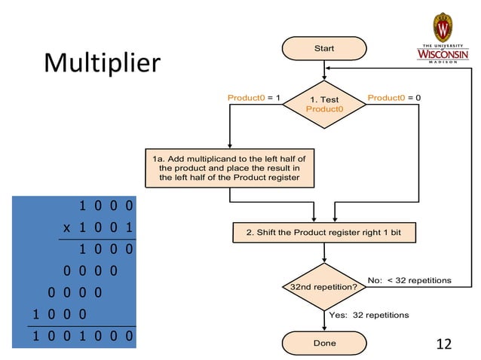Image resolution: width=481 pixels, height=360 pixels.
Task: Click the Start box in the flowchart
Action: [x=324, y=48]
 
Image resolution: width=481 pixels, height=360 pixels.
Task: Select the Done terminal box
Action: [x=324, y=343]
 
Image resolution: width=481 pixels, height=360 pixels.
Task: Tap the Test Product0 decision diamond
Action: [x=324, y=105]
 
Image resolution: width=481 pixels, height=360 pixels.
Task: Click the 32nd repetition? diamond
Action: [x=324, y=287]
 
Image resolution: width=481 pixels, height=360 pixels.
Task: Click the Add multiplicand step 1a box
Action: [x=228, y=168]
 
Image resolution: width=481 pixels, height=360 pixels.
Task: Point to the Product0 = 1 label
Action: [x=254, y=98]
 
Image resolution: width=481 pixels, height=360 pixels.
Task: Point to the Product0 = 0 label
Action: [x=394, y=98]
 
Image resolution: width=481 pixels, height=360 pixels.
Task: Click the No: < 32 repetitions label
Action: [x=409, y=280]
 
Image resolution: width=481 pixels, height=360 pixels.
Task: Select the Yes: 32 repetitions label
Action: [x=369, y=314]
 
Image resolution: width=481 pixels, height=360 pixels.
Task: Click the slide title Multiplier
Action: [x=102, y=63]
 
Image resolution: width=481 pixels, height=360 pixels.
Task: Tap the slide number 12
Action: [x=444, y=343]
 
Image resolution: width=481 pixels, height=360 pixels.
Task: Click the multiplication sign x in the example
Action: [x=66, y=227]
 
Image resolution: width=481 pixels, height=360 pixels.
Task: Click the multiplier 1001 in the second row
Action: [x=105, y=227]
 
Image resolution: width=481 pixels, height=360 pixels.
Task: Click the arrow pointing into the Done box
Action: [x=324, y=322]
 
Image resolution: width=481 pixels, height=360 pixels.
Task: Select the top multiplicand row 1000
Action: [x=106, y=205]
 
